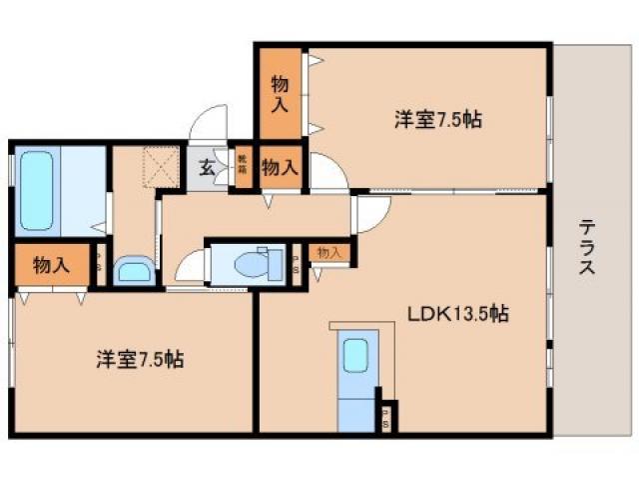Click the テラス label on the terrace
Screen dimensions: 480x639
pyautogui.click(x=588, y=249)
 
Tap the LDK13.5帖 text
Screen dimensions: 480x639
pyautogui.click(x=457, y=314)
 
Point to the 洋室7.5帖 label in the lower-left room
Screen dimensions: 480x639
pyautogui.click(x=140, y=358)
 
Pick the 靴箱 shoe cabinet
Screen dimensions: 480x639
pyautogui.click(x=242, y=166)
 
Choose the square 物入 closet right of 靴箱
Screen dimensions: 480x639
pyautogui.click(x=280, y=167)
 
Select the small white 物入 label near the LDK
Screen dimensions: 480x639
pyautogui.click(x=329, y=253)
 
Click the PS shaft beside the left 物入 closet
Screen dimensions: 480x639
pyautogui.click(x=100, y=266)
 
